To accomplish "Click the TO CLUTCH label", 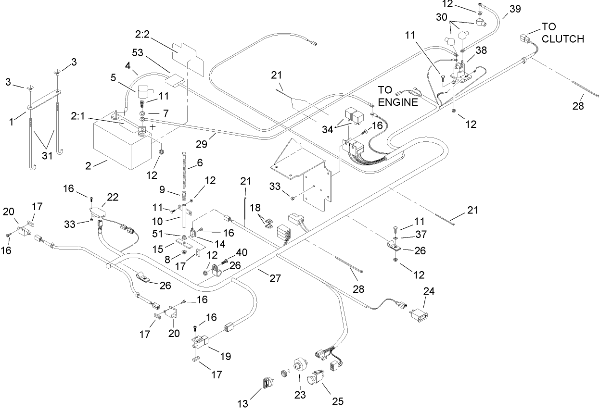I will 562,32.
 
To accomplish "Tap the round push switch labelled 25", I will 319,378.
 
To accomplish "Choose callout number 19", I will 225,357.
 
